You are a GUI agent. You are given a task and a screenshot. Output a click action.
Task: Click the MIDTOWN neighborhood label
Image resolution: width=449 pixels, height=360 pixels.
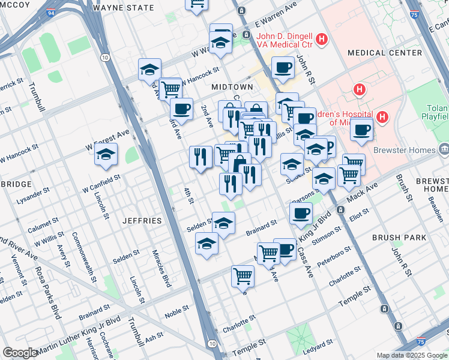[232, 87]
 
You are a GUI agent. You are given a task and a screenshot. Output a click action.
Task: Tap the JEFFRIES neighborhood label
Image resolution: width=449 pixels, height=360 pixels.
[142, 221]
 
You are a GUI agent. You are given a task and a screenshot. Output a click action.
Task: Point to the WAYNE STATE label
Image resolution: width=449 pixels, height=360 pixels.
[124, 7]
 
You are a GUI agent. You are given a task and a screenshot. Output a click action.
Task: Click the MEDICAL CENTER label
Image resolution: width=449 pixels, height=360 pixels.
[384, 53]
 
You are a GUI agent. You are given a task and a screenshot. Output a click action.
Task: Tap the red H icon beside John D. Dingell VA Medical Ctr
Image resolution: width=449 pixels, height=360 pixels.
[322, 40]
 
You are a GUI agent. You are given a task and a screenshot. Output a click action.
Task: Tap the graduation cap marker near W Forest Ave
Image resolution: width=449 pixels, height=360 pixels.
[106, 155]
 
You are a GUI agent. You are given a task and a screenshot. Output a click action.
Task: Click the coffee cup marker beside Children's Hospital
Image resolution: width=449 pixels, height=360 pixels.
[361, 129]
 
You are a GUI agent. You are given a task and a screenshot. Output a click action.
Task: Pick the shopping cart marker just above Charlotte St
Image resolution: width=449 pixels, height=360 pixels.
[243, 275]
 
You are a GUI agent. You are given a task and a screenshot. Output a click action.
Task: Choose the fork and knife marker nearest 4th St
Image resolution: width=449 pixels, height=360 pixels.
[200, 156]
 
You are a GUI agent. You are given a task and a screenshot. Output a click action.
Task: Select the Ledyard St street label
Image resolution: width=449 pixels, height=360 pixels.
[318, 345]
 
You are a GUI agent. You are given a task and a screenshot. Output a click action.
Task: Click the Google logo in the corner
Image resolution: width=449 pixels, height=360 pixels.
[20, 353]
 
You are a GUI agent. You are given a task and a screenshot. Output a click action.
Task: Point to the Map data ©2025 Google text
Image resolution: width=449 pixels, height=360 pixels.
[411, 355]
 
